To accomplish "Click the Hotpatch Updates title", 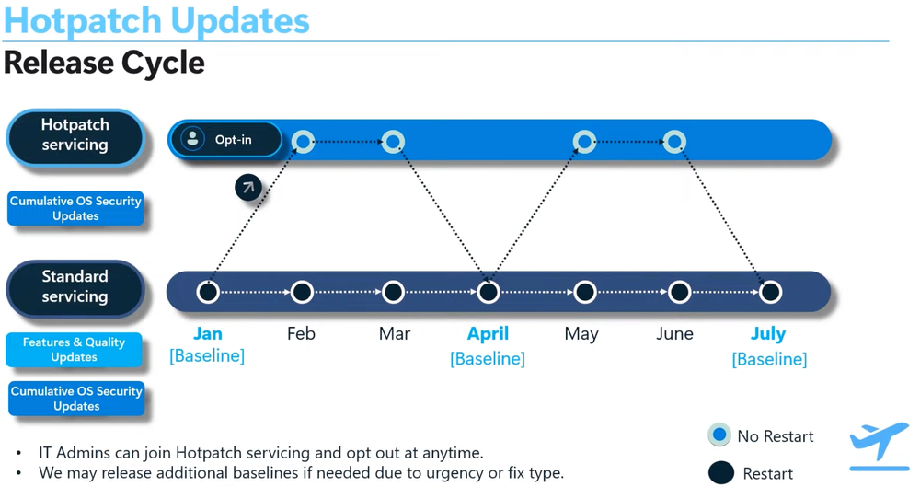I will pos(156,20).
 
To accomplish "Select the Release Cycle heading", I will pos(104,63).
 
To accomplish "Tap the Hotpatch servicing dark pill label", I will pos(75,135).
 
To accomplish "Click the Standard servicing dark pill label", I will pos(75,287).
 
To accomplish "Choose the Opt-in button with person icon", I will pos(225,140).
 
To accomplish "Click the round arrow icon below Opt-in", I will pos(247,187).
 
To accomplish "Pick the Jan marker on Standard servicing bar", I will pos(208,292).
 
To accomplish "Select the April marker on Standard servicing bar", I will pos(489,292).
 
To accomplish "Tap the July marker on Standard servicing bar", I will pos(770,292).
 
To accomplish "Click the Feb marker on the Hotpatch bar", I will pos(303,142).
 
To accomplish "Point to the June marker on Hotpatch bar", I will pos(674,142).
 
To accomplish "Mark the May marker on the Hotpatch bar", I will pos(583,142).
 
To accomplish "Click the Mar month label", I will pos(394,333).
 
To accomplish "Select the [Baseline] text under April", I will pos(488,358).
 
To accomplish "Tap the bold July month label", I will pos(768,333).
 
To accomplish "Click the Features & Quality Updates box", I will pos(75,350).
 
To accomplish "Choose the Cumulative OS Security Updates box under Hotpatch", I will pos(75,209).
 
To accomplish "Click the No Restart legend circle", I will pos(719,435).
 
